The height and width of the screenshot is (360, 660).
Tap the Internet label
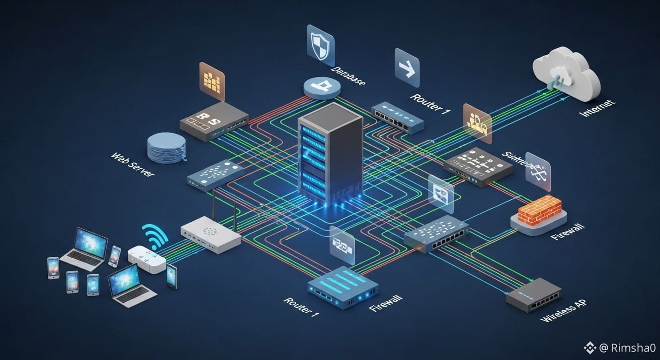pyautogui.click(x=597, y=108)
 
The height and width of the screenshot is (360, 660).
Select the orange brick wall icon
pyautogui.click(x=540, y=209)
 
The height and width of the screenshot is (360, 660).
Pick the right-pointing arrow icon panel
pyautogui.click(x=406, y=68)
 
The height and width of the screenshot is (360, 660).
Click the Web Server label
pyautogui.click(x=133, y=165)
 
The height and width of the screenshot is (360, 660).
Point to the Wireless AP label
pyautogui.click(x=563, y=311)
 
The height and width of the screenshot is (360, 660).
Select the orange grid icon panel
pyautogui.click(x=212, y=81)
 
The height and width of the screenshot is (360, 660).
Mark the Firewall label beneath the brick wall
pyautogui.click(x=568, y=232)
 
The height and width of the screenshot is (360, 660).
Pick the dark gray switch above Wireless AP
pyautogui.click(x=533, y=294)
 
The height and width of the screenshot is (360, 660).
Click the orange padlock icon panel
pyautogui.click(x=477, y=123)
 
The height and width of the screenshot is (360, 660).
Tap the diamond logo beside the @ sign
pyautogui.click(x=589, y=348)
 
